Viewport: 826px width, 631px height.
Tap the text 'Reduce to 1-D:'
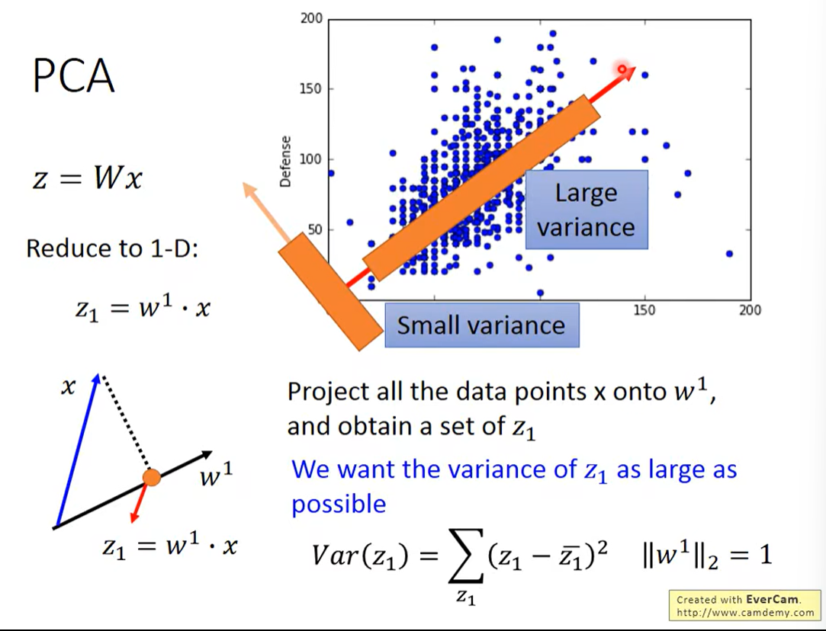[112, 248]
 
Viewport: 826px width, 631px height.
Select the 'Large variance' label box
[586, 210]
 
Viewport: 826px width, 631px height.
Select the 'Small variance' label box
[481, 326]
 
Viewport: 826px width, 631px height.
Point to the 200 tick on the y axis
[311, 18]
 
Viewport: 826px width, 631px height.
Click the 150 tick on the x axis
[645, 310]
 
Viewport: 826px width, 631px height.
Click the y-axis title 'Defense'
[286, 162]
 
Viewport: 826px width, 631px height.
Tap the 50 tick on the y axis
[314, 230]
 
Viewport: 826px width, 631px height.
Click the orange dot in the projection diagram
[152, 478]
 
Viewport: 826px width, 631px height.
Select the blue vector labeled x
[76, 450]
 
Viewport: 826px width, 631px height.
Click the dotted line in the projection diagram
[127, 427]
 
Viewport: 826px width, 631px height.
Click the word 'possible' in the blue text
[339, 504]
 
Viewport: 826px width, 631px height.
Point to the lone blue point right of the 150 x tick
[729, 254]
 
